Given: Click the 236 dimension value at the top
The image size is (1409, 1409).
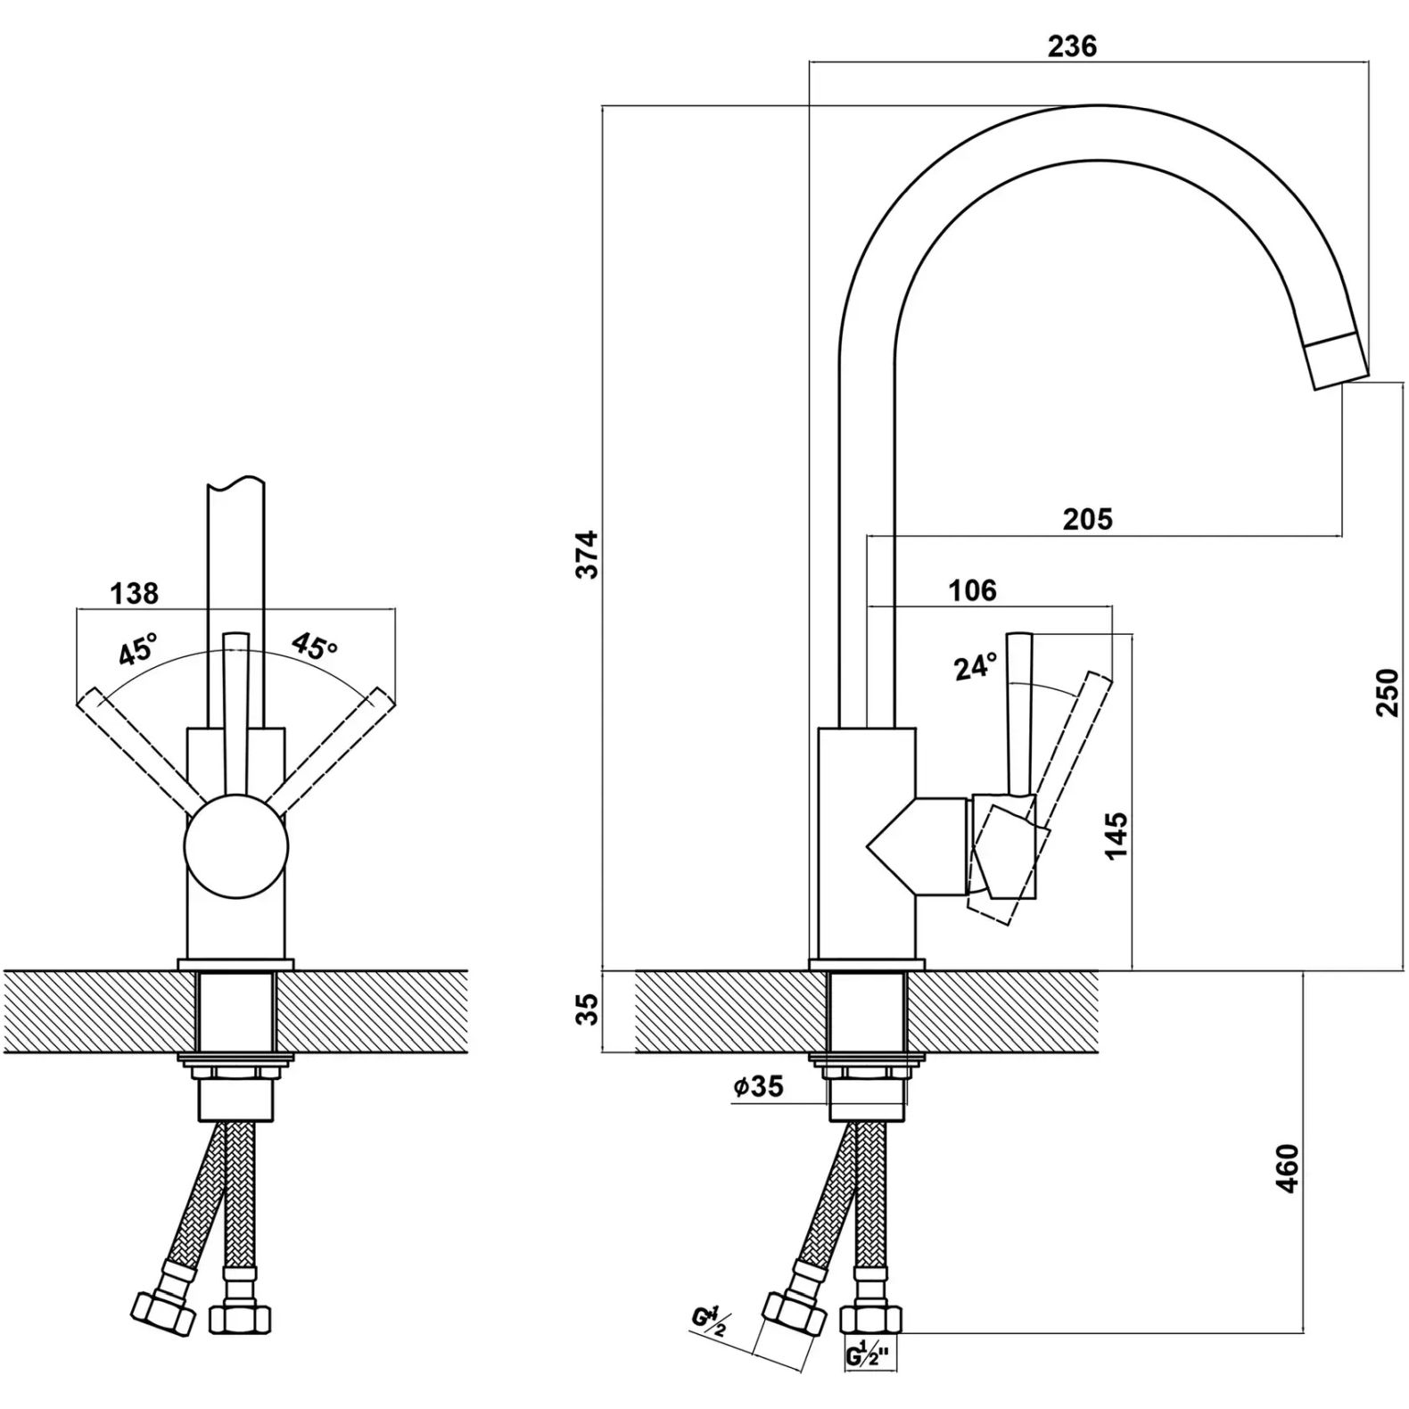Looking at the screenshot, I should coord(1071,46).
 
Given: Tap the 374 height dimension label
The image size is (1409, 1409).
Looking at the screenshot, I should coord(588,554).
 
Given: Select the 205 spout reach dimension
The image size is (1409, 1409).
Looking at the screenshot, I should coord(1087,518).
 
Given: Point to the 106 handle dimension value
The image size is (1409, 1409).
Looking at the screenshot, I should coord(972,589).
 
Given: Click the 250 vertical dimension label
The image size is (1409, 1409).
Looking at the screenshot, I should coord(1388,692).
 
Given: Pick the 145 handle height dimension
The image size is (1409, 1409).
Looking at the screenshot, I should coord(1116,835).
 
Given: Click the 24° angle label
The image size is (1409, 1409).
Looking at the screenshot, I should coord(975,666).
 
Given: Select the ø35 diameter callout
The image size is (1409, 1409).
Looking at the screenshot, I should coord(758,1086).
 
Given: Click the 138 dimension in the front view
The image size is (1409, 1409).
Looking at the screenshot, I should coord(134,592).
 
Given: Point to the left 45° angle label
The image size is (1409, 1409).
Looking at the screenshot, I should coord(138,650).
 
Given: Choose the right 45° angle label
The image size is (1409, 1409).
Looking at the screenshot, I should coord(314,647).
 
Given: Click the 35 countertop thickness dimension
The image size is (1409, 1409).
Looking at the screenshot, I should coord(588,1010).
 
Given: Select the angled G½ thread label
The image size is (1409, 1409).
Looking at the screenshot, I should coord(710,1320).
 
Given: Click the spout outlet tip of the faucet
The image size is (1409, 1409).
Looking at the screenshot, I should coord(1339,362).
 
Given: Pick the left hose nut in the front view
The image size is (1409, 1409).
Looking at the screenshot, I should coord(162,1307).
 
